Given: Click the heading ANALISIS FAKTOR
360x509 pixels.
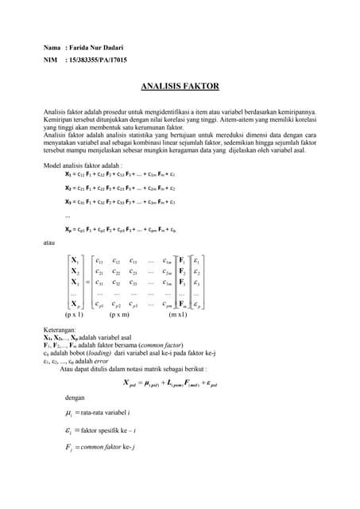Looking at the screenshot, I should tap(180, 85).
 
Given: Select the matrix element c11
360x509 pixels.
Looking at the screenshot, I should tap(98, 259).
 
